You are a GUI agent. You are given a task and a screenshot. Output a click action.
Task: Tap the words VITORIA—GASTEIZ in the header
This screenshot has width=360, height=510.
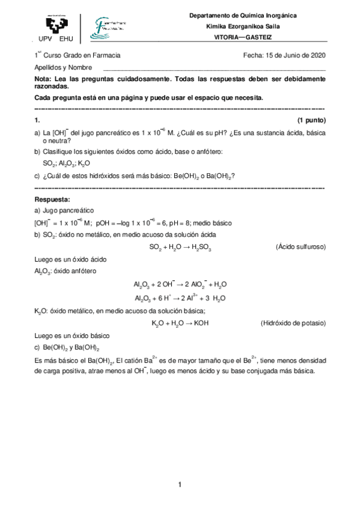(251, 37)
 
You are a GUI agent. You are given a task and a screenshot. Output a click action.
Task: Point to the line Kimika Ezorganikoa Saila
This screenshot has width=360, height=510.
(251, 26)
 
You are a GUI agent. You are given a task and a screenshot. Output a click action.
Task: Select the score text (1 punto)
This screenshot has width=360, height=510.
(311, 120)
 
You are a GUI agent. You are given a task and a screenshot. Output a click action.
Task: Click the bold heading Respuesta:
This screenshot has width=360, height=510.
(53, 199)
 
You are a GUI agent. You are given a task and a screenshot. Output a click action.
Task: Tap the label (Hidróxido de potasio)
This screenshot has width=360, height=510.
(293, 323)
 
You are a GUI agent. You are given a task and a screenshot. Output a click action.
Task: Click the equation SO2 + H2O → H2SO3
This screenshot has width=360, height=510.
(180, 247)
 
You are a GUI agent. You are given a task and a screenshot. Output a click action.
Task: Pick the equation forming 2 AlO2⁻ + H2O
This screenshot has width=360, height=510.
(180, 284)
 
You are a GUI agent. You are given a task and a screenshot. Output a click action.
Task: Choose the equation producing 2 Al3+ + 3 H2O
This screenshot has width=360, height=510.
(180, 298)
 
